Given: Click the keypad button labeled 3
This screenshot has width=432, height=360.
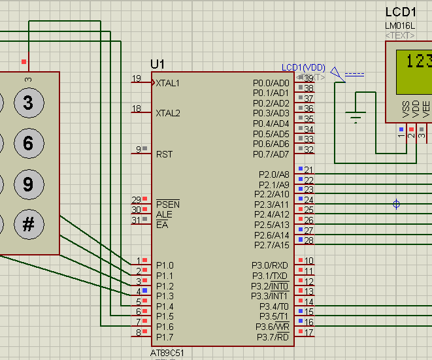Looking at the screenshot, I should tap(28, 103).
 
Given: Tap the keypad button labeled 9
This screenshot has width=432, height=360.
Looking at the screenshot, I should tap(28, 184).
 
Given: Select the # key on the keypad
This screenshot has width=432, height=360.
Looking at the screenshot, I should tap(28, 225).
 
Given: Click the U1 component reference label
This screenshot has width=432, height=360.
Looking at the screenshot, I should tap(158, 64).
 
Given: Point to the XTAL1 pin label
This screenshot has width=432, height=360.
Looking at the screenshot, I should tap(167, 83).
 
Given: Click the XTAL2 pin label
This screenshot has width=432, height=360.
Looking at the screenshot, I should tap(168, 113).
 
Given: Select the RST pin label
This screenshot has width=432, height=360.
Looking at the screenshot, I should tap(164, 154).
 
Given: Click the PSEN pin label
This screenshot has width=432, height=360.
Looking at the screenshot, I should tap(167, 205).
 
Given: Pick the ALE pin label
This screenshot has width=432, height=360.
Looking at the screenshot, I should tap(163, 214).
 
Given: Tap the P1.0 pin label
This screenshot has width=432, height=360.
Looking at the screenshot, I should tap(165, 265).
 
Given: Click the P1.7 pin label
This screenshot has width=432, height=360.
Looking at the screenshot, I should tap(165, 337).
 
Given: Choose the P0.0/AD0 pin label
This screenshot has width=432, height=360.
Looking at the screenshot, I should tap(271, 83).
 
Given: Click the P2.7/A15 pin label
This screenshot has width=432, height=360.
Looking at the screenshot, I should tap(271, 245).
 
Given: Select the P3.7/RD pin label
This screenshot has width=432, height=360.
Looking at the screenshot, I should tap(273, 337).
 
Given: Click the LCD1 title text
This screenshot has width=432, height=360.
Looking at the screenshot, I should tap(401, 12).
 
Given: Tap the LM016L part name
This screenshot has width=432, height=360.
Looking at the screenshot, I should tap(400, 26).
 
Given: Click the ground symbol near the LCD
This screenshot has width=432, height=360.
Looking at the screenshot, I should tap(356, 118).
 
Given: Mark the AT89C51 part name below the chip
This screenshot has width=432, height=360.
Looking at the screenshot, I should tap(167, 353).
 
